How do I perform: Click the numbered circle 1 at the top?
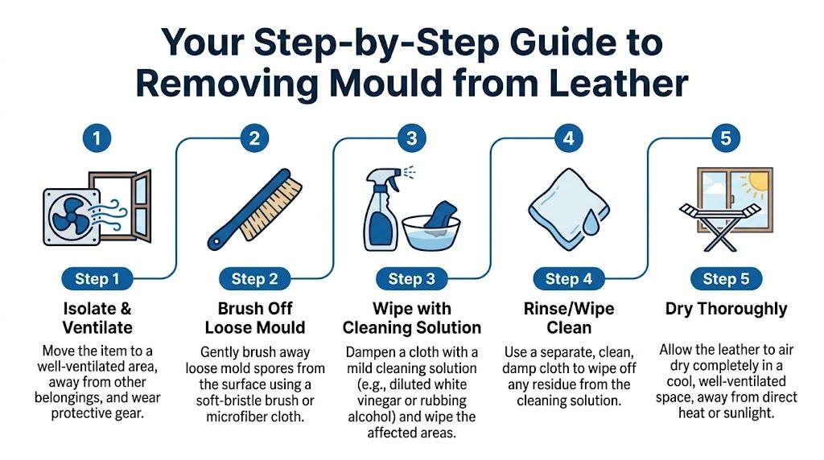[x=97, y=138]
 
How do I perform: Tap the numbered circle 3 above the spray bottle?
[x=411, y=138]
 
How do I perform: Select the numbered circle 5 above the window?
[x=726, y=138]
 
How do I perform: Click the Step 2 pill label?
[x=254, y=279]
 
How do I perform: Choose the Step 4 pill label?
[x=569, y=279]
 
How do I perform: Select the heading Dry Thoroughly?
[x=726, y=309]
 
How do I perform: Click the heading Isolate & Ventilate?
[x=97, y=318]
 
